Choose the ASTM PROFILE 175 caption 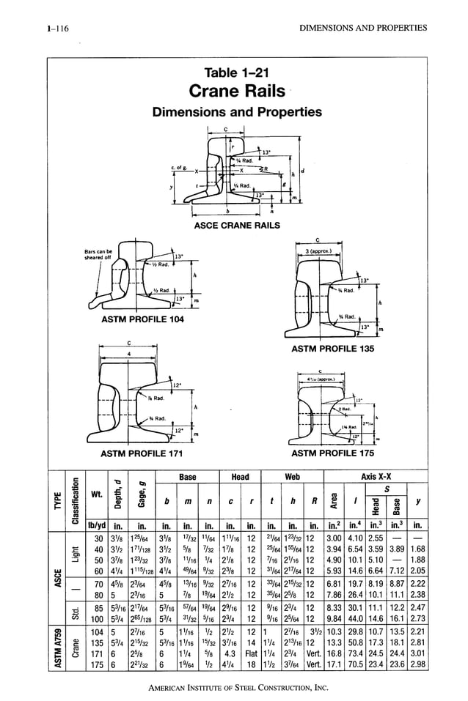(x=333, y=454)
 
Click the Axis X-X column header (x=375, y=477)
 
